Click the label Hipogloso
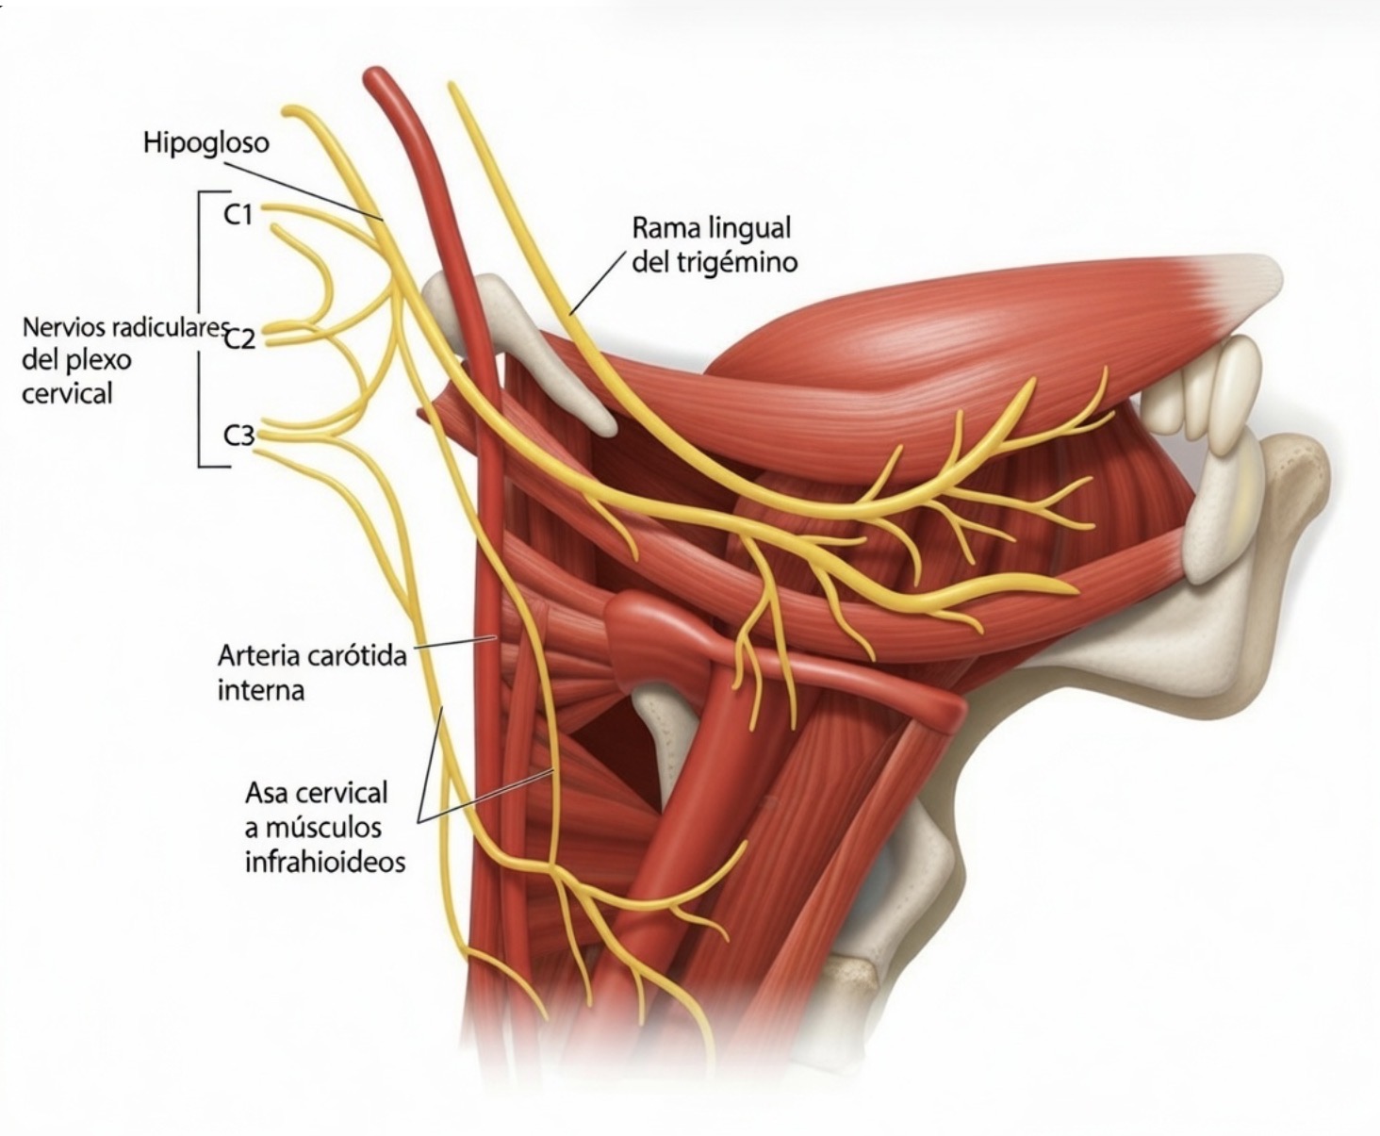[x=205, y=142]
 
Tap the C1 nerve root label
[x=238, y=215]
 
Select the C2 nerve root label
[x=240, y=338]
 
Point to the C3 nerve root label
[x=239, y=436]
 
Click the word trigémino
[x=736, y=263]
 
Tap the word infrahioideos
[x=325, y=862]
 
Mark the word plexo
[x=99, y=359]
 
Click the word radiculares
[x=169, y=328]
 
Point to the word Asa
[x=267, y=793]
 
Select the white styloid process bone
[x=528, y=349]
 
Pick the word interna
[x=261, y=690]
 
